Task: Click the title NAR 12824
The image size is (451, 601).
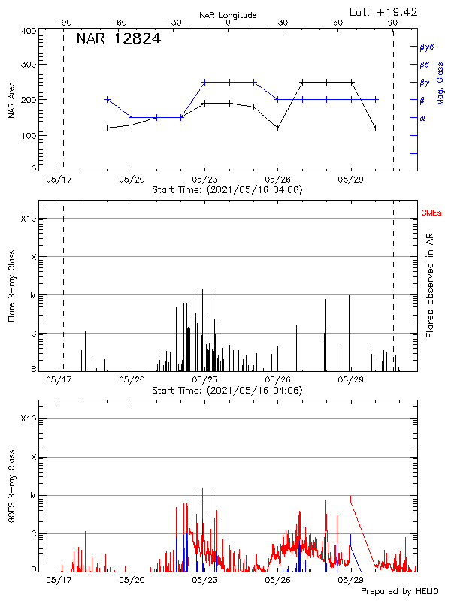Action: [x=118, y=40]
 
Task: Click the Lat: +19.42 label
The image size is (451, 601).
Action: [x=384, y=11]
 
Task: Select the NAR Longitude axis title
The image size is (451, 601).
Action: [x=228, y=15]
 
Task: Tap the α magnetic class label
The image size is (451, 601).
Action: [x=422, y=118]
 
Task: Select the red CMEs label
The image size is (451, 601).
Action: [x=431, y=214]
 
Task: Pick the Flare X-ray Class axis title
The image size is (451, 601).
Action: [x=12, y=287]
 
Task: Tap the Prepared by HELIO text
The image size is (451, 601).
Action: [x=398, y=592]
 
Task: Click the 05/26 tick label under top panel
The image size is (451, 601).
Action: [x=277, y=180]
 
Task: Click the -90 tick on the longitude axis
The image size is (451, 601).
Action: [x=62, y=23]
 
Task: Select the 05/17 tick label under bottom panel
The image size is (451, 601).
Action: [x=59, y=581]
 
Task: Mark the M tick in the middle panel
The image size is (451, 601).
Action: [x=32, y=295]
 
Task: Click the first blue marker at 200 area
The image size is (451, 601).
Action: [x=108, y=99]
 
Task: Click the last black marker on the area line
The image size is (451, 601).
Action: [x=375, y=128]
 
